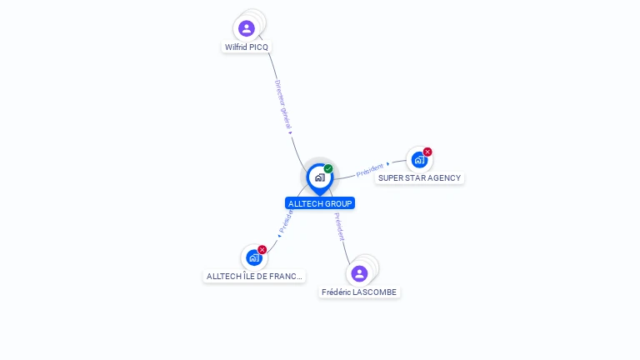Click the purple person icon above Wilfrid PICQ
point(247,28)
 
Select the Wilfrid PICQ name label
point(247,47)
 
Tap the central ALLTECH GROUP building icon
point(319,177)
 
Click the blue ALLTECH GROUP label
point(320,203)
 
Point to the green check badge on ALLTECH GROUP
point(328,169)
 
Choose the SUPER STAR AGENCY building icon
point(419,159)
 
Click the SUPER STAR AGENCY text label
point(419,178)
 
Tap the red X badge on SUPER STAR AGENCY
point(427,152)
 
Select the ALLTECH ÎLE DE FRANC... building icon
point(254,257)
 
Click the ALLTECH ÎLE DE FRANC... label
point(254,277)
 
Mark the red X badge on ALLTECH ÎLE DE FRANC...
point(262,250)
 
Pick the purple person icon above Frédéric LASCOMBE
point(359,273)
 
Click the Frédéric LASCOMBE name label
point(359,292)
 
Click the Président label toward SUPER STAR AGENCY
point(369,171)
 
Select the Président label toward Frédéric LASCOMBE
point(339,226)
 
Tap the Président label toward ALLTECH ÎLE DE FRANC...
point(286,220)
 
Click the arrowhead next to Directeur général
point(290,131)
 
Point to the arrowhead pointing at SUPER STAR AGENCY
point(388,164)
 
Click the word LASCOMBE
point(374,292)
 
